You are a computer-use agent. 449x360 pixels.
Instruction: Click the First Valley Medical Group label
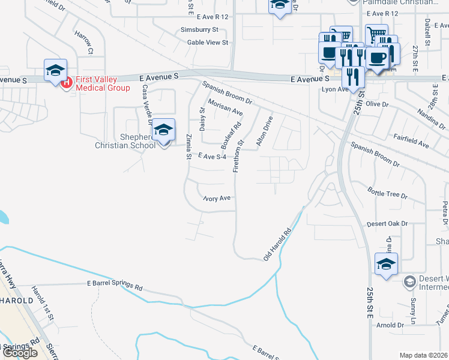click(x=102, y=83)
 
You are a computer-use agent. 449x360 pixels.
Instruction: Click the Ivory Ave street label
click(x=217, y=198)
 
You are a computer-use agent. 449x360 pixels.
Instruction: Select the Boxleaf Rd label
click(x=231, y=136)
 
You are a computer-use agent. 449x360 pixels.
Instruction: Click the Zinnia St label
click(x=188, y=146)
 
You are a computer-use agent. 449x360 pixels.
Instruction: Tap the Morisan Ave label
click(x=225, y=108)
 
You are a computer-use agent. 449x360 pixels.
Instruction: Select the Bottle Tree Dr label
click(x=387, y=196)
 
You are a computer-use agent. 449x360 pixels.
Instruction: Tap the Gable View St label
click(x=208, y=43)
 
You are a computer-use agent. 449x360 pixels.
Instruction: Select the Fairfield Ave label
click(x=411, y=144)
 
